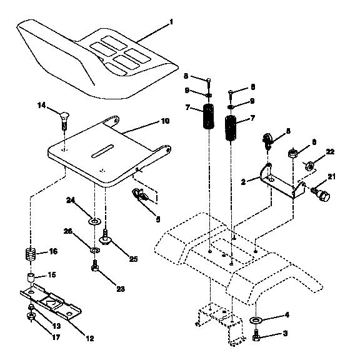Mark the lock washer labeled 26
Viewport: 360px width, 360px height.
[x=95, y=251]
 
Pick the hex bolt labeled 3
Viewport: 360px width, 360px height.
[x=256, y=338]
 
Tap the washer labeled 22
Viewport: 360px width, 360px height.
[x=308, y=166]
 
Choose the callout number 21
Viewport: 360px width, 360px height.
[x=331, y=177]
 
